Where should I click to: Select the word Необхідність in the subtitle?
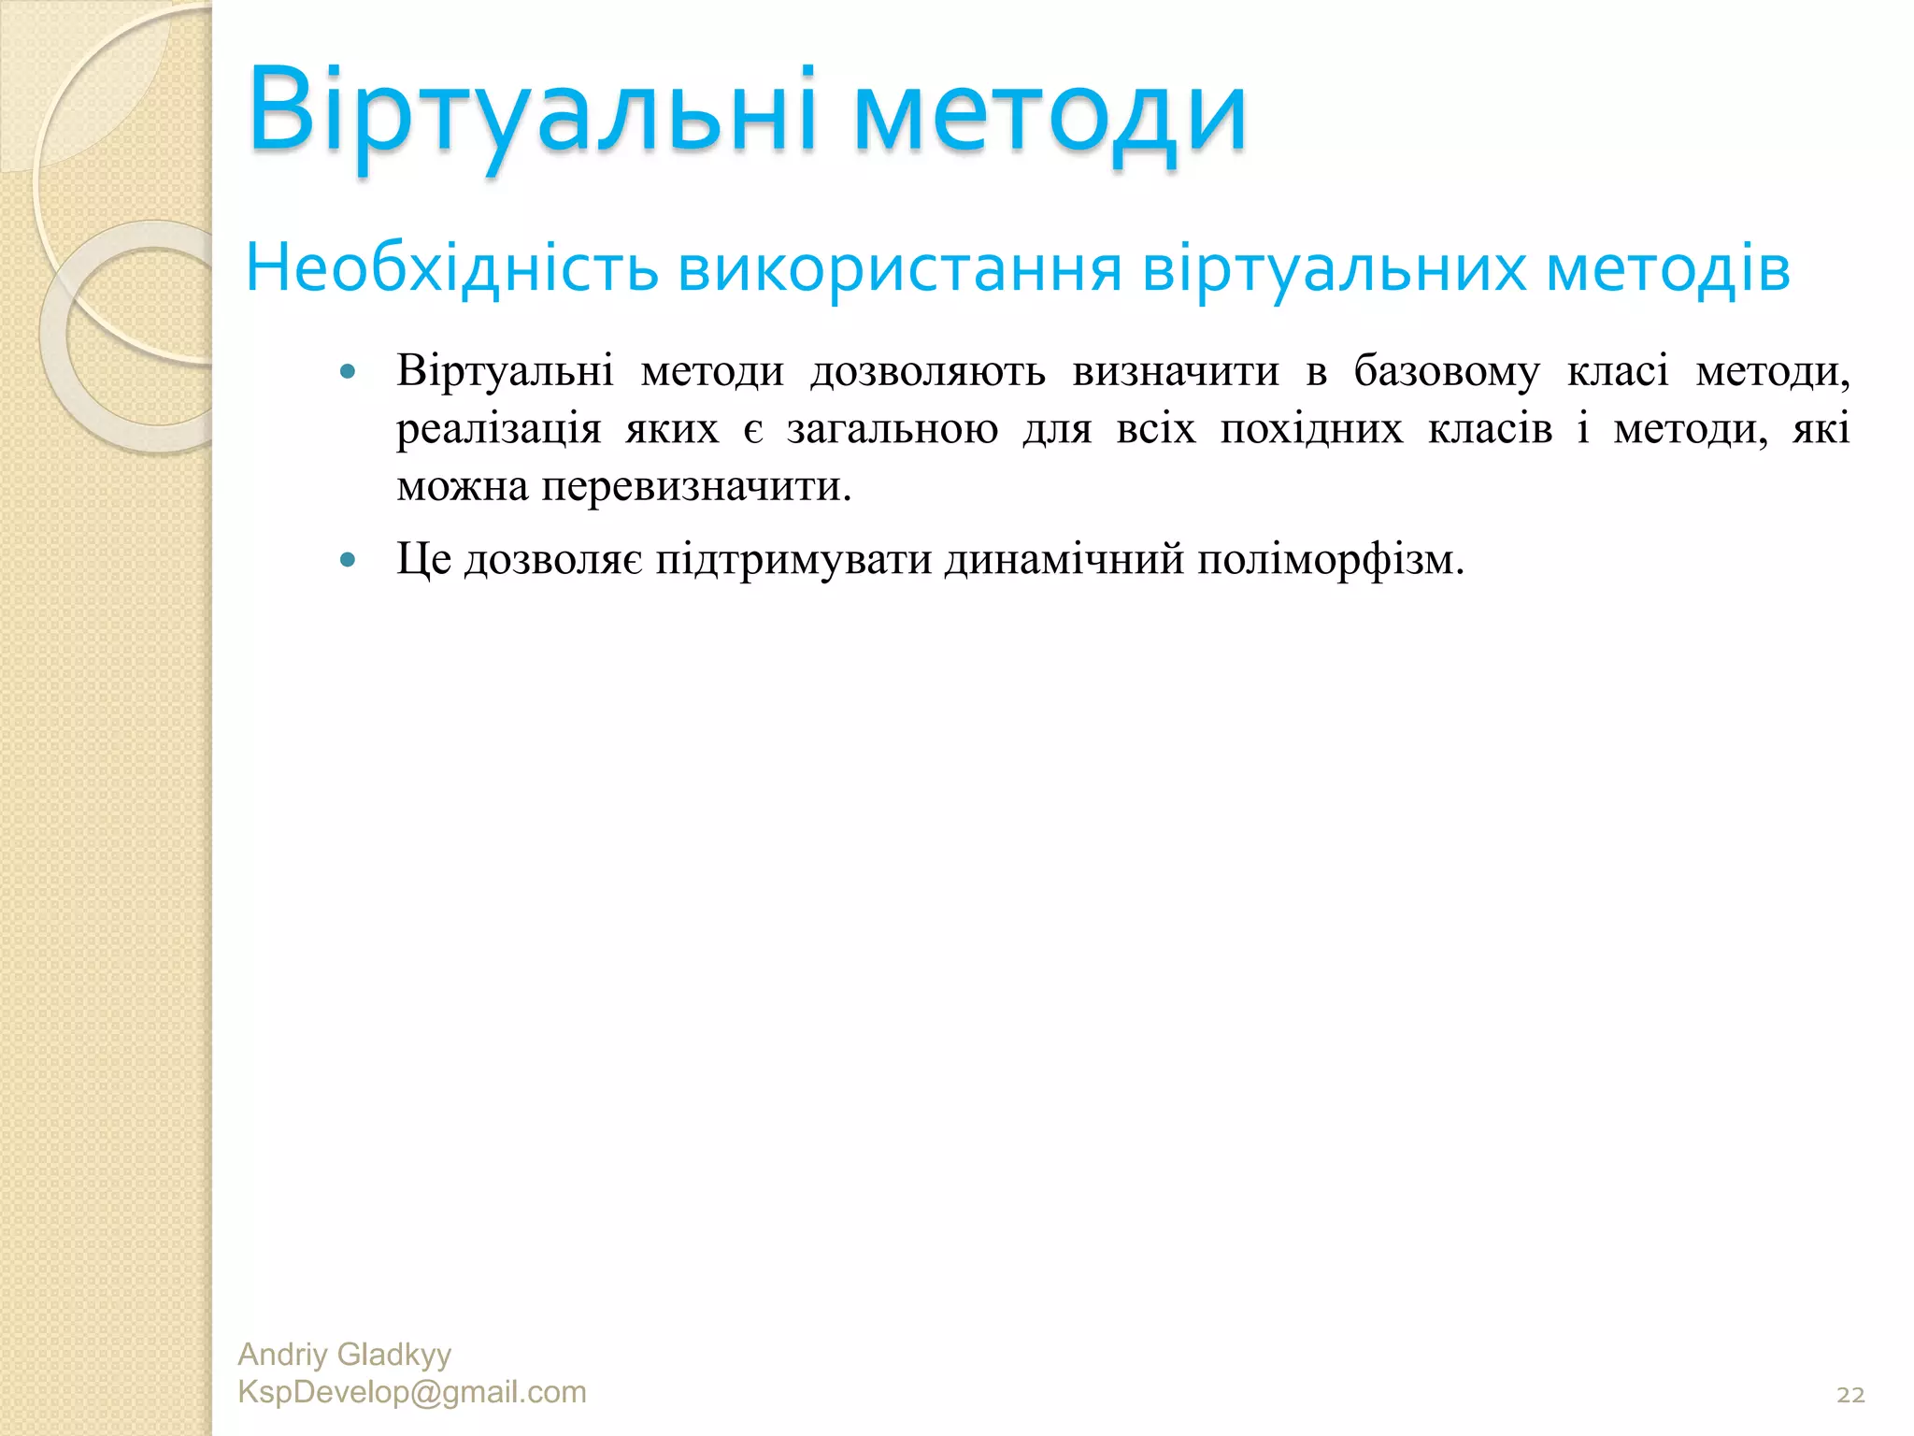click(452, 269)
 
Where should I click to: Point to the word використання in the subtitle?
click(899, 269)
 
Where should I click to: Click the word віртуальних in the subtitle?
click(1334, 269)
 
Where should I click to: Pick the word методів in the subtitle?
click(1668, 269)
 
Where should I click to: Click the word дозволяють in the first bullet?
click(928, 371)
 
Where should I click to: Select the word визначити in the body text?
click(1176, 371)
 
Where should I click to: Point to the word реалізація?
click(498, 430)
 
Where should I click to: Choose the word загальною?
click(893, 430)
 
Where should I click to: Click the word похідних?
click(1311, 429)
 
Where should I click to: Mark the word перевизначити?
click(696, 486)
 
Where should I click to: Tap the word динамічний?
click(1064, 559)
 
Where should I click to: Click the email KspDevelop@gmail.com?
click(412, 1391)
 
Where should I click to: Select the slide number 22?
click(1850, 1395)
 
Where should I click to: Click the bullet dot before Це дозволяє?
click(349, 560)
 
